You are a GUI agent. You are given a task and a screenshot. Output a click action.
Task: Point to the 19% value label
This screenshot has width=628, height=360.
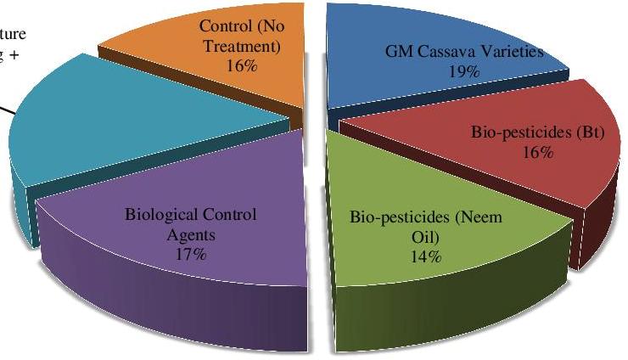[x=464, y=72]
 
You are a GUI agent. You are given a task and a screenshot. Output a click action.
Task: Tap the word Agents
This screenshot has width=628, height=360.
[x=184, y=233]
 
